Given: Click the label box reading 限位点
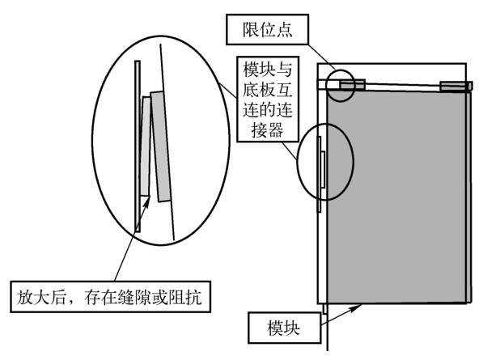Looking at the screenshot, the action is coord(267,29).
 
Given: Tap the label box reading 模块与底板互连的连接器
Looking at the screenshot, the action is coord(268,99).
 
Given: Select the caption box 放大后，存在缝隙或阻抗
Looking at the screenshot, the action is coord(111,297).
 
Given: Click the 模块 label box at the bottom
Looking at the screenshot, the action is coord(284,328).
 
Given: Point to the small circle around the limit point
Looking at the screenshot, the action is coord(328,86).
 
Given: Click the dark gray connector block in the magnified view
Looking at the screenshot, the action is coord(161,146).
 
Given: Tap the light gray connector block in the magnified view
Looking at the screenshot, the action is coord(145,146).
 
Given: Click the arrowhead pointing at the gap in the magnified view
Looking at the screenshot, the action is coord(146,202).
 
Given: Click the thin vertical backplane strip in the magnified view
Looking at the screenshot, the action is coord(138,146).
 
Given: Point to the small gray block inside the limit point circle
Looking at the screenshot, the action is coord(353,84).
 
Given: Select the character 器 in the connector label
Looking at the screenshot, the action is coord(275,130).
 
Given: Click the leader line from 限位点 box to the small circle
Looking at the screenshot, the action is coord(321,57).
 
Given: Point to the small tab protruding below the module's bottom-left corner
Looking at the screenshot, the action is coord(324,309).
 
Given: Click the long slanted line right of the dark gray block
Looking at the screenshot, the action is coord(167,142).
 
